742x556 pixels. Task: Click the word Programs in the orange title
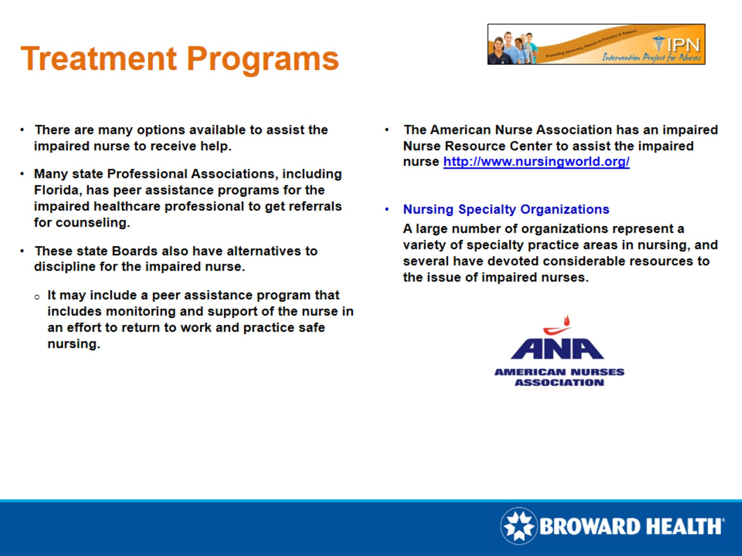pos(263,59)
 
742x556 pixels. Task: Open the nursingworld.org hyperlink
pos(536,162)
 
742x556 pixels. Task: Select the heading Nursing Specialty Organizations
pos(506,210)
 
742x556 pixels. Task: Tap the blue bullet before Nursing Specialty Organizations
pos(387,210)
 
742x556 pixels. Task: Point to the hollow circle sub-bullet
pos(37,297)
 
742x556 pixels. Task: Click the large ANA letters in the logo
pos(557,348)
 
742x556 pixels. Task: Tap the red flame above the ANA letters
pos(567,322)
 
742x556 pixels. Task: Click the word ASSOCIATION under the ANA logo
pos(559,383)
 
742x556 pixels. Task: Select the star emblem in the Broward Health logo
pos(518,526)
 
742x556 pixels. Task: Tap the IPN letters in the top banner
pos(684,45)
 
